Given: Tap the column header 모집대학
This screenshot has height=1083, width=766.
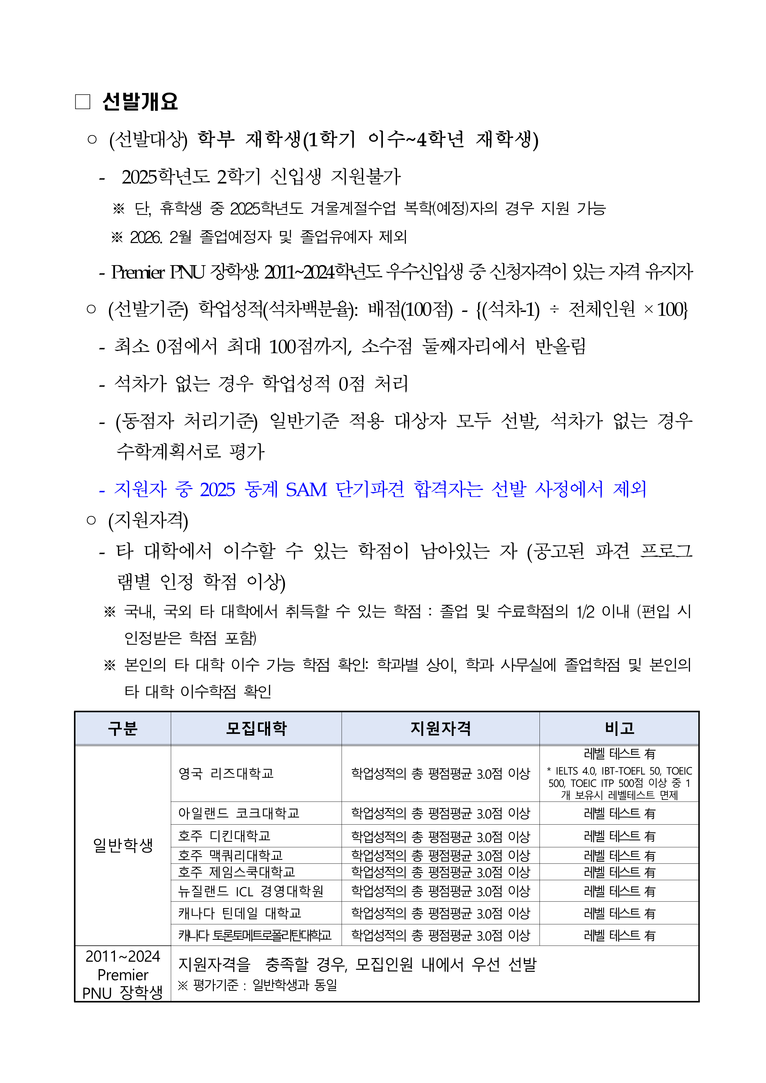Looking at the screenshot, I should coord(256,728).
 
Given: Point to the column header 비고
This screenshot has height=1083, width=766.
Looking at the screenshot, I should coord(619,728).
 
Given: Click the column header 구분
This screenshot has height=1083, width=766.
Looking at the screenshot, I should coord(123,728).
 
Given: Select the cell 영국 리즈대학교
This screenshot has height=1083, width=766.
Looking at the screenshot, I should coord(226,774).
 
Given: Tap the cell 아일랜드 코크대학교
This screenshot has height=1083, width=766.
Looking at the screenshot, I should coord(239,813).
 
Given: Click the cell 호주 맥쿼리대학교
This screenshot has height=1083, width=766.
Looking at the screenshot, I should coord(230,855).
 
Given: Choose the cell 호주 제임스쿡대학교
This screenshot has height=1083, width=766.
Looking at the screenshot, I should coord(236,872).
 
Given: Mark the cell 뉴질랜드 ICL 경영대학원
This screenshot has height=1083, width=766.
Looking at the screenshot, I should coord(251,891).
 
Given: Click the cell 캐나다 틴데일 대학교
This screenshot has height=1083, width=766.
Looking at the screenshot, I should coord(239,913).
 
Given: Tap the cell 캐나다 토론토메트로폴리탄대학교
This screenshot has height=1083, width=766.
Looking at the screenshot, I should coord(255,935).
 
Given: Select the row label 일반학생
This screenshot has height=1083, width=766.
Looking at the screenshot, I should coord(123,845).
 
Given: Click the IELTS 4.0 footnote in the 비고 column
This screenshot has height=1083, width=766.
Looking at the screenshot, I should coord(619,783).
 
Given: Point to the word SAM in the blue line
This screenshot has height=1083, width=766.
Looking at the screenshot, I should coord(306,490).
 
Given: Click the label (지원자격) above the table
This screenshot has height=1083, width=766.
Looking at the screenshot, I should coord(148,520).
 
